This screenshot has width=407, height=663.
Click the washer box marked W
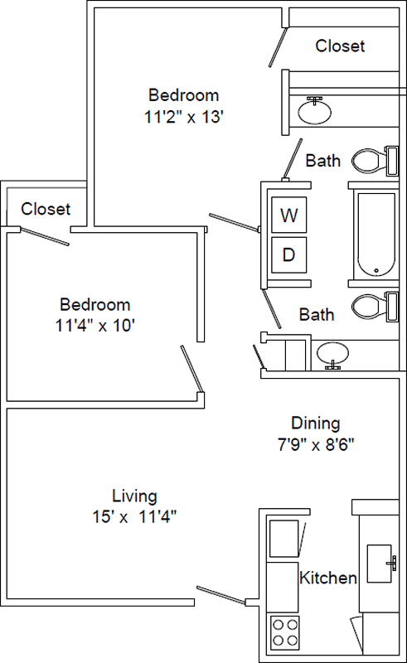(289, 215)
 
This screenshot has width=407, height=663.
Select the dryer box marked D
(289, 254)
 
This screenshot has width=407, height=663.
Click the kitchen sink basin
(379, 564)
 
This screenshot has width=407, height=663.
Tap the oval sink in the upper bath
(315, 111)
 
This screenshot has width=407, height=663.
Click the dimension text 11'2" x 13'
(184, 116)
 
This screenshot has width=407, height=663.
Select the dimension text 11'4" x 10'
(94, 326)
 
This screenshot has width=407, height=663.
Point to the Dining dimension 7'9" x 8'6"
(316, 444)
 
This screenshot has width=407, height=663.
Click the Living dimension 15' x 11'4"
(134, 516)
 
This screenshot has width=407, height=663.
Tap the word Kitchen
(328, 578)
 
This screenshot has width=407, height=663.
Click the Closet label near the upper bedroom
(340, 46)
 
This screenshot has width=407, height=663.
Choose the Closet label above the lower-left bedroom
(46, 209)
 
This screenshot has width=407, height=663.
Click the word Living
(134, 496)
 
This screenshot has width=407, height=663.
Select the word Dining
(316, 423)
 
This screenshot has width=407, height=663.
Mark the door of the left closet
(45, 236)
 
